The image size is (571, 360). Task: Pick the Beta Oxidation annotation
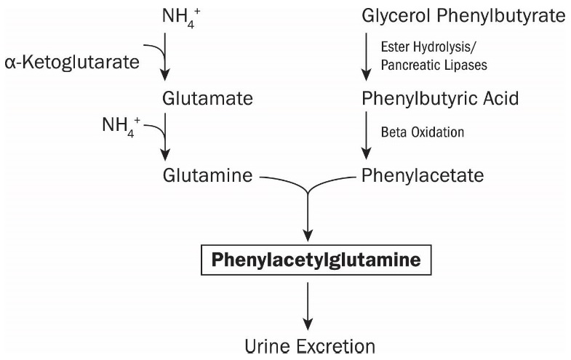coord(422,134)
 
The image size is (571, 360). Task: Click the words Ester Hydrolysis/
coord(429,45)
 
